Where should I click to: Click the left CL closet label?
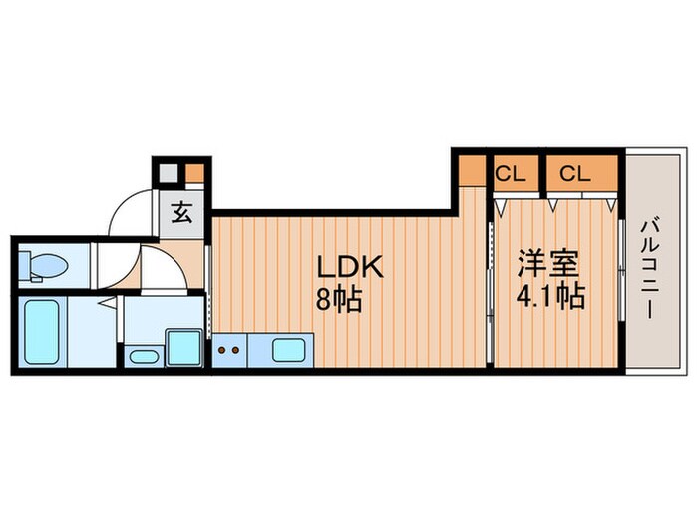tap(511, 173)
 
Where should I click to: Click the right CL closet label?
tap(573, 173)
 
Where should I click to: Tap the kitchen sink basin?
tap(289, 349)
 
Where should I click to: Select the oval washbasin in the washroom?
tap(144, 355)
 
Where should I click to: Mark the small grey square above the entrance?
tap(169, 173)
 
